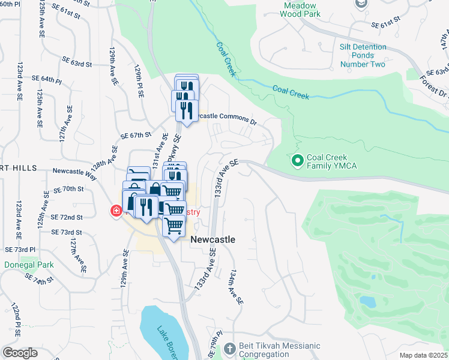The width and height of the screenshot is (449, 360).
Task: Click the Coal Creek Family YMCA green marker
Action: point(297,161)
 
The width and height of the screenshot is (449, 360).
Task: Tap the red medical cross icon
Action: point(115,211)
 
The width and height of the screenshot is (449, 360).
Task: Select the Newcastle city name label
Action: point(212,239)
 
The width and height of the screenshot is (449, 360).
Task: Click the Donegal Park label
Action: point(29,265)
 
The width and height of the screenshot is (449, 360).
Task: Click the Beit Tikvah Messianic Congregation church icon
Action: point(229,349)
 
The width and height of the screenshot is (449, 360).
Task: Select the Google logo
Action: point(20,353)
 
